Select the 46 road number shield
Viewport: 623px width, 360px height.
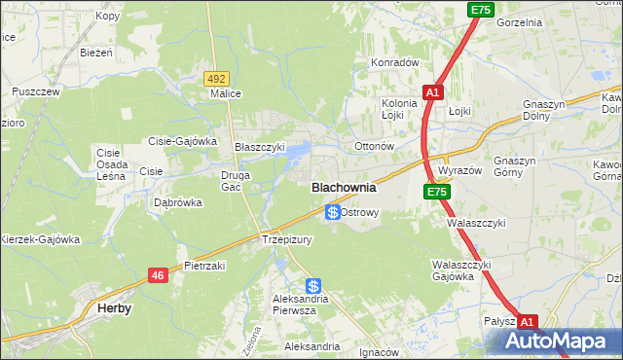158,276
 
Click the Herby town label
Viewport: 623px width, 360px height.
115,307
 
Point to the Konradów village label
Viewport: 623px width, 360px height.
393,62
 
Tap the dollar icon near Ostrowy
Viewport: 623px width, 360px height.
333,211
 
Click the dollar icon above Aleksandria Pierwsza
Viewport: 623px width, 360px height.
313,286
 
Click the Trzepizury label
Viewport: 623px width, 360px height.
285,239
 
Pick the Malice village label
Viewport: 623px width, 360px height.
225,94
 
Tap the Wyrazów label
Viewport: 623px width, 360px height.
459,170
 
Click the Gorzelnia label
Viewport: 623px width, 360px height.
519,21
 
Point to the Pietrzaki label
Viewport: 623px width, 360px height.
204,266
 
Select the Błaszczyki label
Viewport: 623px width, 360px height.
260,147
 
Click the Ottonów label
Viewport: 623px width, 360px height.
373,147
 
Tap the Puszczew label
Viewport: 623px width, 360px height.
36,91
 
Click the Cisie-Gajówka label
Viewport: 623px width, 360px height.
182,141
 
